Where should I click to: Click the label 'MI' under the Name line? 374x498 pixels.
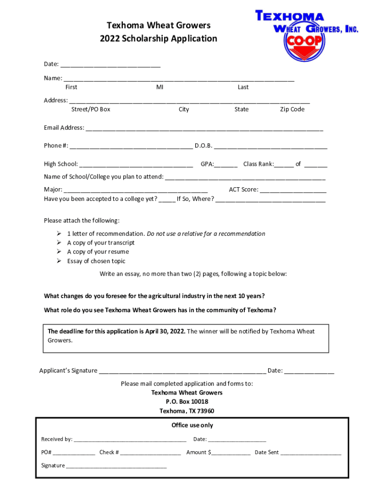coord(160,87)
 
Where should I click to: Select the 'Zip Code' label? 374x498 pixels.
coord(292,109)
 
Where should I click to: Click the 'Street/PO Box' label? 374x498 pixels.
coord(91,109)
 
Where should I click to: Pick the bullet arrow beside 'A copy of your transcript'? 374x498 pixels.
coord(58,243)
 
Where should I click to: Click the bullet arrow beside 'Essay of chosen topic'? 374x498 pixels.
coord(58,261)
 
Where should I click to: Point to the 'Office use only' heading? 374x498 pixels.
coord(192,425)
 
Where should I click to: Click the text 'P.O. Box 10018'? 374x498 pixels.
coord(187,402)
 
